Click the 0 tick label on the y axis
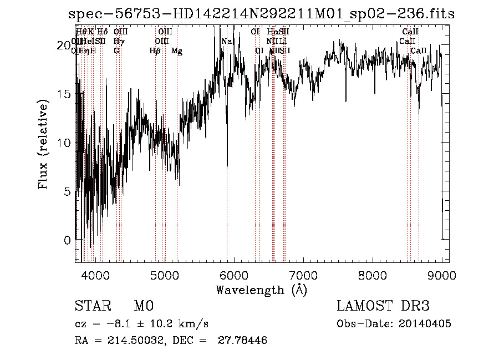[x=67, y=240]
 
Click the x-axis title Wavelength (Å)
[x=261, y=290]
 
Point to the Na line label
[x=227, y=42]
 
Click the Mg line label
[x=177, y=51]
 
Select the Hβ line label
[x=155, y=51]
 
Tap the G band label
[x=116, y=51]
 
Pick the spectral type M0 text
[x=143, y=306]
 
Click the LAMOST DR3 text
[x=383, y=306]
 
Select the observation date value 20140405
[x=426, y=324]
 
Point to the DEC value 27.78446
[x=243, y=341]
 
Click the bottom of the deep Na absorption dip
[x=227, y=165]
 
